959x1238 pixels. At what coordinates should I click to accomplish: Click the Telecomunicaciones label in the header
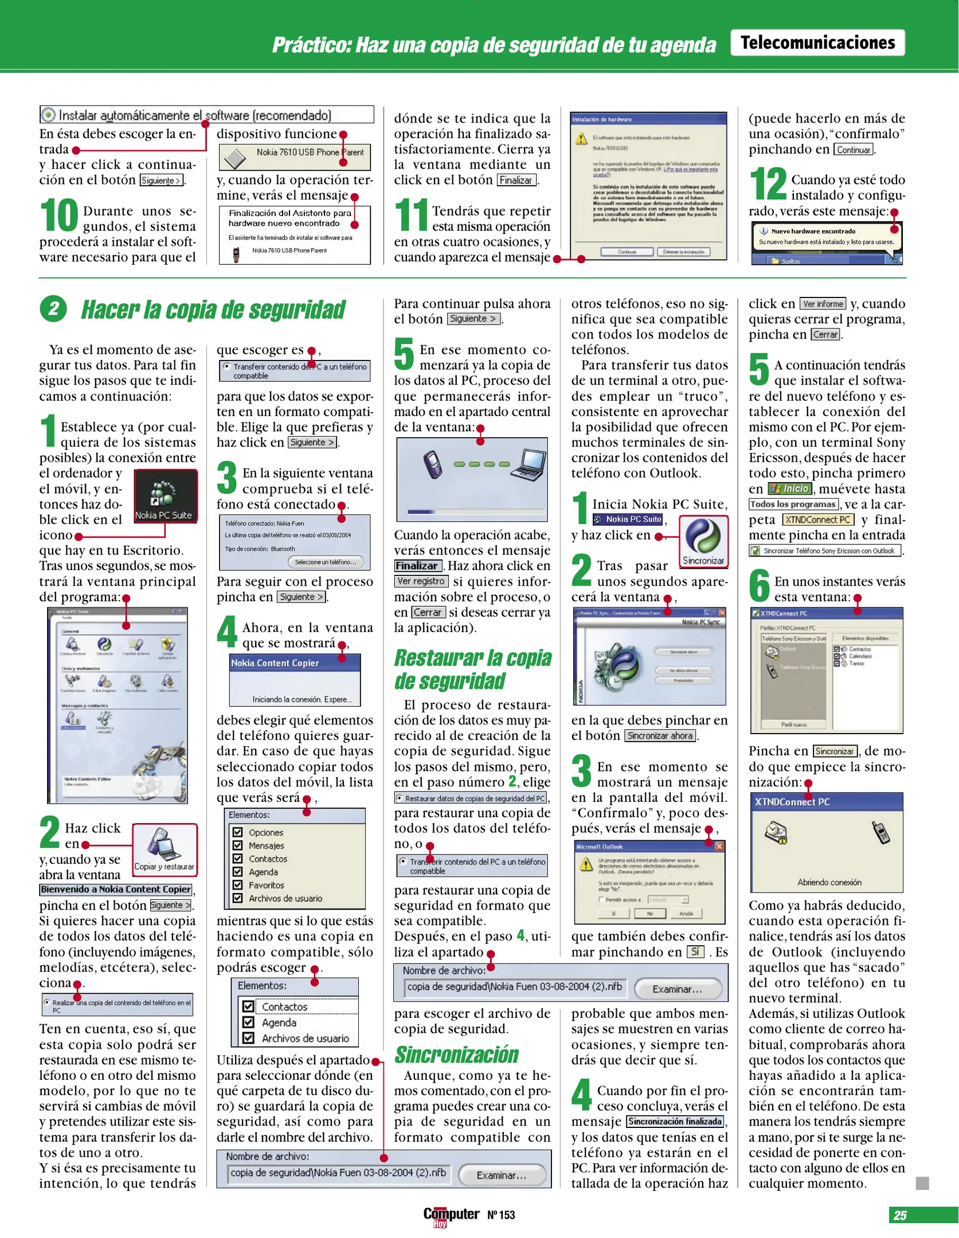click(x=817, y=43)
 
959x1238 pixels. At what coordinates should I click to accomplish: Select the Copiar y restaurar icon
click(x=165, y=849)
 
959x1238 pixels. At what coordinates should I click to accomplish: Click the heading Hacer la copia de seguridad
click(x=213, y=310)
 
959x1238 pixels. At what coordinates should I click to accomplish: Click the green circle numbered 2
click(x=53, y=309)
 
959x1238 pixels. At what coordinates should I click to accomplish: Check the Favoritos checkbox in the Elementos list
click(x=237, y=884)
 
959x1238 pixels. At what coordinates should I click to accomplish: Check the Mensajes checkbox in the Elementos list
click(x=237, y=845)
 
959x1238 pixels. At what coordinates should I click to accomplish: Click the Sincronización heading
click(x=456, y=1055)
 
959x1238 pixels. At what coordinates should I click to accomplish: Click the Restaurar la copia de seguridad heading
click(x=472, y=669)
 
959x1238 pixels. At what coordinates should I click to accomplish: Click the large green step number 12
click(x=768, y=185)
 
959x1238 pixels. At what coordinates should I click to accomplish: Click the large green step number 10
click(x=58, y=216)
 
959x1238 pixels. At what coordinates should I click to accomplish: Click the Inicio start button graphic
click(x=790, y=489)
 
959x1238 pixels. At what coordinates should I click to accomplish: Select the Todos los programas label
click(x=793, y=504)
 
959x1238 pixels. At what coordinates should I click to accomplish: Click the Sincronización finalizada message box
click(x=675, y=1122)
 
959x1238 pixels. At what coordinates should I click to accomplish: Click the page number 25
click(x=901, y=1215)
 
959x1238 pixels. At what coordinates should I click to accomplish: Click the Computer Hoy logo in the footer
click(x=451, y=1216)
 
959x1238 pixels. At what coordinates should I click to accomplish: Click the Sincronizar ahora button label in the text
click(x=660, y=736)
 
